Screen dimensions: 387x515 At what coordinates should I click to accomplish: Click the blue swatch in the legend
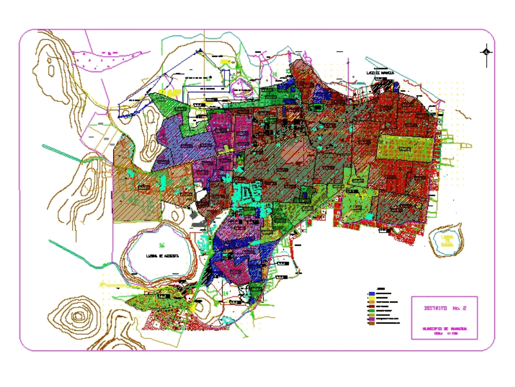pyautogui.click(x=371, y=293)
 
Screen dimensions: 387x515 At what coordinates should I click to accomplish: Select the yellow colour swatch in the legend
pyautogui.click(x=371, y=297)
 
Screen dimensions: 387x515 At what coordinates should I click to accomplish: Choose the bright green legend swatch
pyautogui.click(x=371, y=311)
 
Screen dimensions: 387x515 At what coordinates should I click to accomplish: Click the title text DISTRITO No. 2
pyautogui.click(x=444, y=309)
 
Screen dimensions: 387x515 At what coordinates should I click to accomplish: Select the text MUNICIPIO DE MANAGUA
pyautogui.click(x=444, y=328)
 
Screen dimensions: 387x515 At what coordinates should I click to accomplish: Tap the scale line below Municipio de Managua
pyautogui.click(x=444, y=334)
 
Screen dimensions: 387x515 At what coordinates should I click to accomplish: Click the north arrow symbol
pyautogui.click(x=486, y=52)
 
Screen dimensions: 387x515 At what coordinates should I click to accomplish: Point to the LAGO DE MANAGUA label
pyautogui.click(x=380, y=73)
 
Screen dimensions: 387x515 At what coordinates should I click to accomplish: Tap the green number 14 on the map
pyautogui.click(x=226, y=293)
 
